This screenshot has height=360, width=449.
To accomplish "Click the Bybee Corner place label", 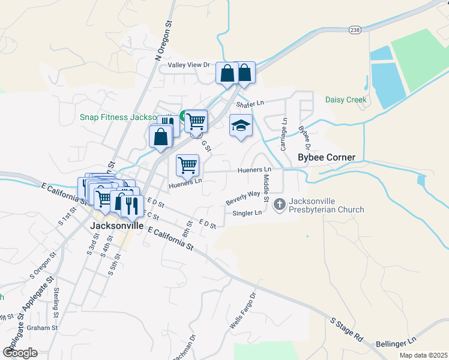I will [x=327, y=158].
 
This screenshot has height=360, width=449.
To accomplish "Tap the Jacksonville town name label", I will [x=117, y=226].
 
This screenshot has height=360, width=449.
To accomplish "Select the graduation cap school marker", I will [x=241, y=125].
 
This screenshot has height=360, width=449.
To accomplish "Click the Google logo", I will [x=20, y=353].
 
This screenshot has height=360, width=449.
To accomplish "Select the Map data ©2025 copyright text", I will [x=423, y=355].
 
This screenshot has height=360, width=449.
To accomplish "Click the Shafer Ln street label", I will [x=250, y=104].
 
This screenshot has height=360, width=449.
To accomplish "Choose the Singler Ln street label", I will [x=247, y=213].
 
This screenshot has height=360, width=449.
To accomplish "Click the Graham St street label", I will [x=42, y=328].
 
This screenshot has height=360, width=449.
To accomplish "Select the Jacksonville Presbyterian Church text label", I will [x=327, y=205].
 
